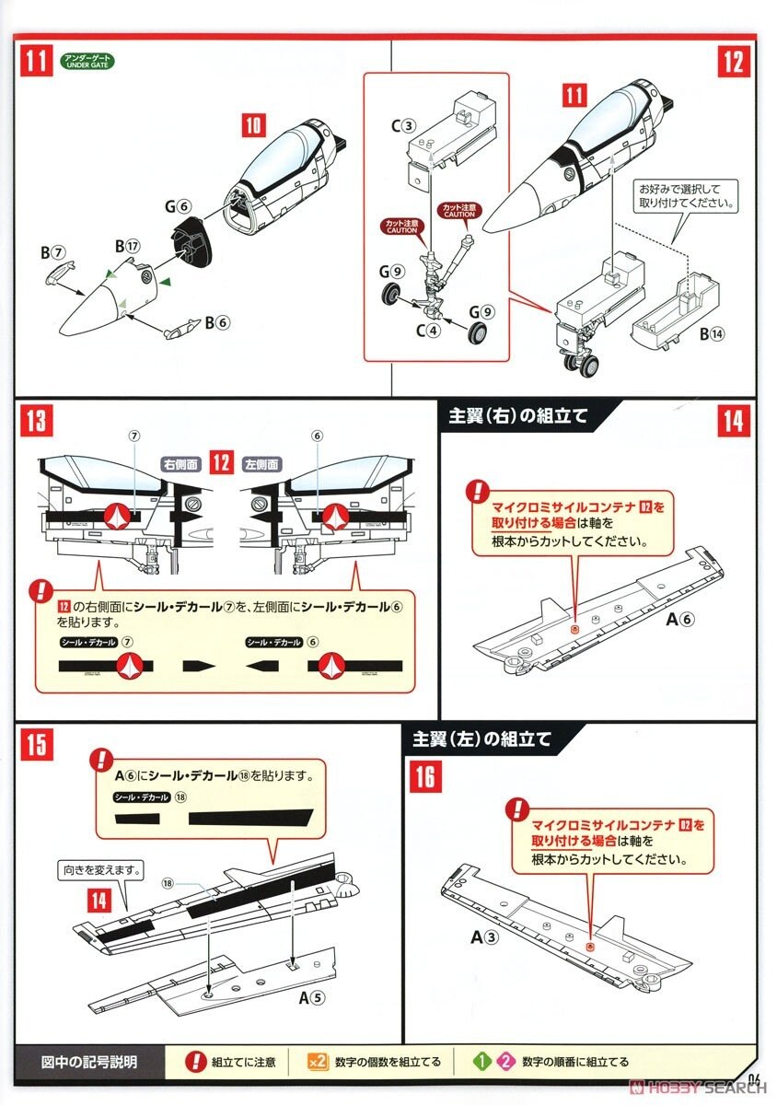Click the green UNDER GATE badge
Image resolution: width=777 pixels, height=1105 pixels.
[88, 64]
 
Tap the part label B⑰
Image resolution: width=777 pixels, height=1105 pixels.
[127, 246]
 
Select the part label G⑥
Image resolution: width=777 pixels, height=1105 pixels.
[178, 206]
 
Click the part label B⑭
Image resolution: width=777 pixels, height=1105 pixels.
[712, 334]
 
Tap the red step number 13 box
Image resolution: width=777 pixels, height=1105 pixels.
[36, 422]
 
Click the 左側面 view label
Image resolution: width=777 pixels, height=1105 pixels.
[261, 465]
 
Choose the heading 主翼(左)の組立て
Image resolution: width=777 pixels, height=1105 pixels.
[481, 738]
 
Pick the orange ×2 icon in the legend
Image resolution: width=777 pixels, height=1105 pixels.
[317, 1061]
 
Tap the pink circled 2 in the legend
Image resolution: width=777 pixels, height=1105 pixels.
[504, 1061]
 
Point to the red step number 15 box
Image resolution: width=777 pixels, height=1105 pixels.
[36, 743]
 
